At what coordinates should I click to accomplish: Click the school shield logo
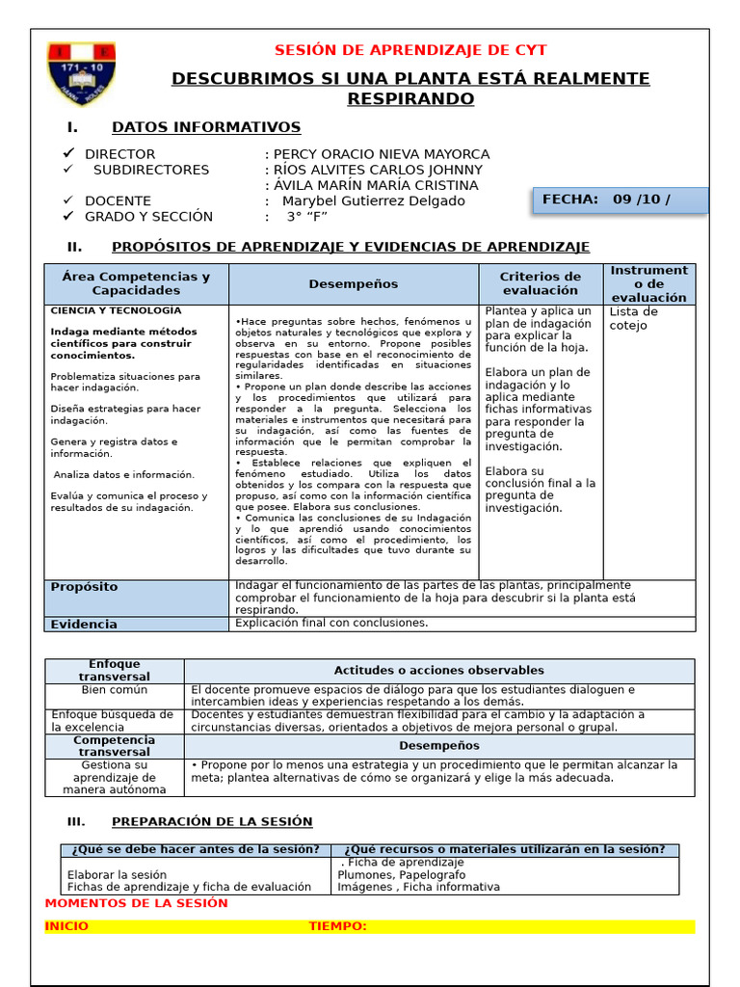click(81, 73)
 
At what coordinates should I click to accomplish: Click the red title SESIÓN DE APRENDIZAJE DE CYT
click(410, 51)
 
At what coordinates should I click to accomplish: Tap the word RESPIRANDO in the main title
click(410, 99)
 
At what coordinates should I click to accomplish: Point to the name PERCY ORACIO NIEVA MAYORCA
click(382, 154)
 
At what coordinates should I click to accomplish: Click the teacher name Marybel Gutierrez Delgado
click(373, 200)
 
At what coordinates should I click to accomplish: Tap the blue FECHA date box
click(620, 200)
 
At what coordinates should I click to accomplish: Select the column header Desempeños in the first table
click(353, 284)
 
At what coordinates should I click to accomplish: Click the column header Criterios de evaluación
click(540, 283)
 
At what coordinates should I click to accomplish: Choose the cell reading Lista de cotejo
click(633, 318)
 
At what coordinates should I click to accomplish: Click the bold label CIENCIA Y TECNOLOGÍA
click(116, 310)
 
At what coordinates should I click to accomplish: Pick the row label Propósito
click(84, 586)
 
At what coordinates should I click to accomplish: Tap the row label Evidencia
click(84, 624)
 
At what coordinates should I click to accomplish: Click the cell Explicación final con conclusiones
click(331, 623)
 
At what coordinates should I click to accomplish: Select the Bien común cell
click(115, 690)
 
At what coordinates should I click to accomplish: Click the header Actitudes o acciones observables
click(438, 670)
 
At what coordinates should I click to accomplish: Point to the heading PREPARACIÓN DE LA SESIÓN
click(212, 821)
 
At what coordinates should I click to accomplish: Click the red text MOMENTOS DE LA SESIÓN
click(137, 903)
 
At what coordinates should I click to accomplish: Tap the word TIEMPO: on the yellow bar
click(337, 926)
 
